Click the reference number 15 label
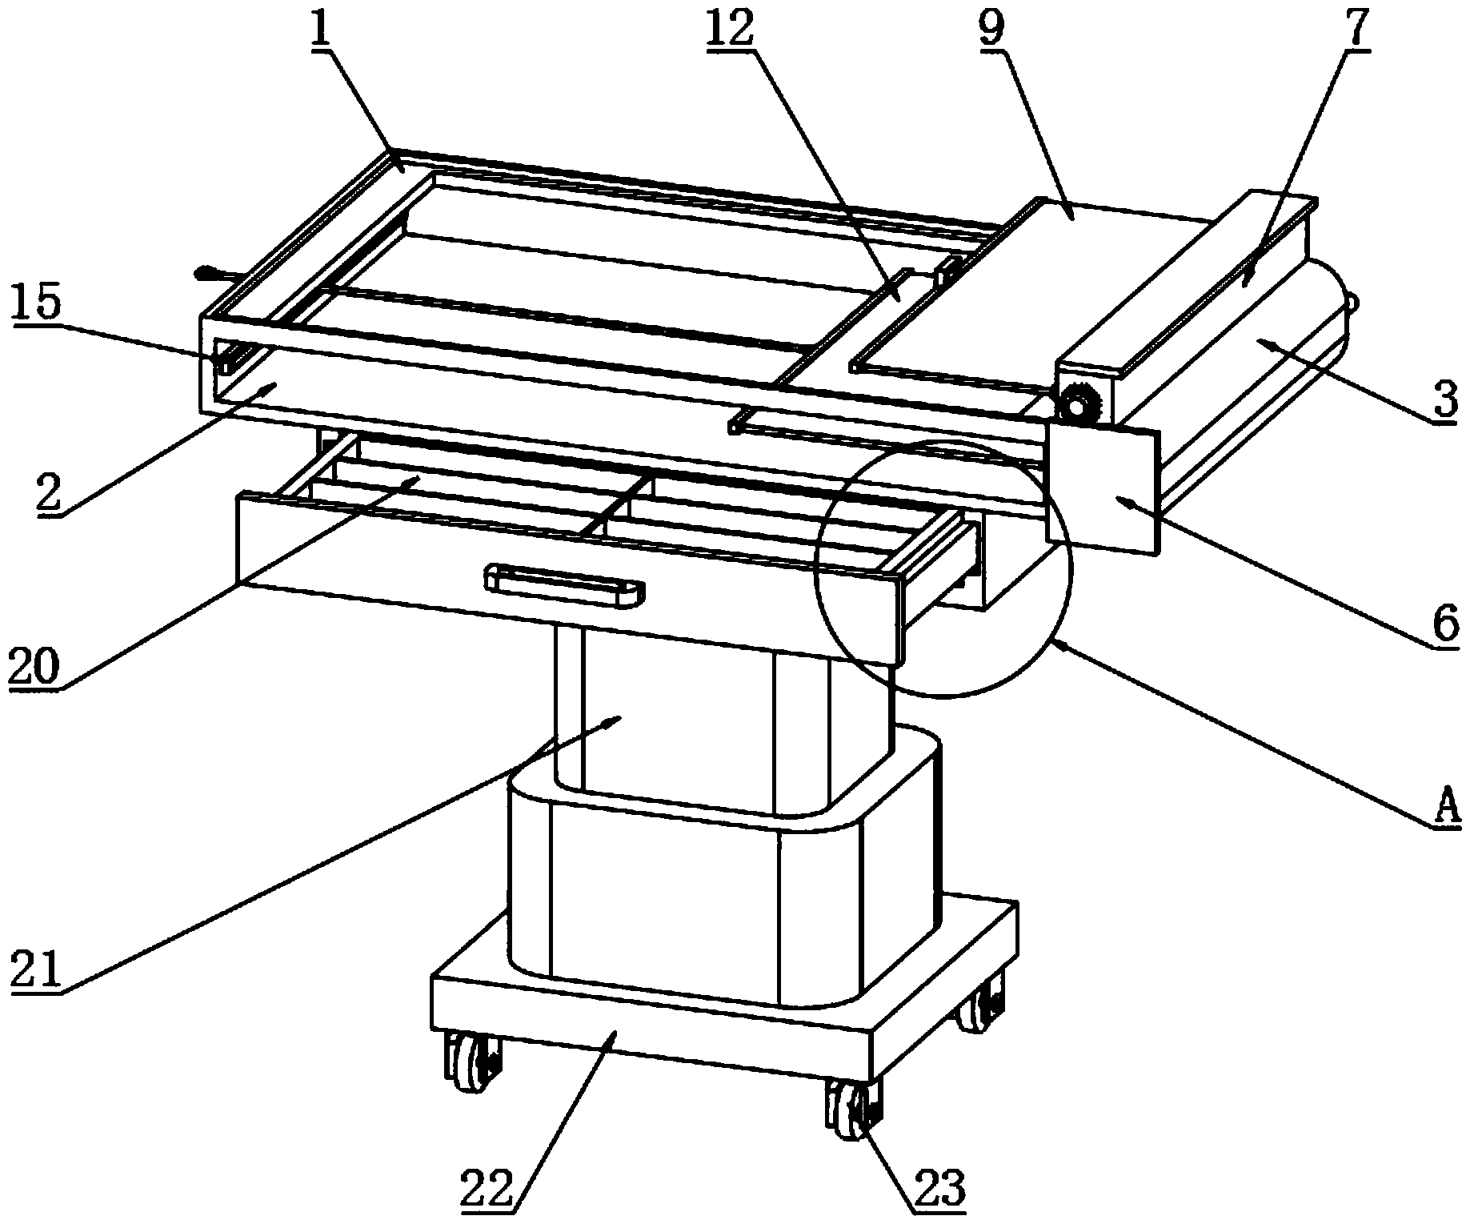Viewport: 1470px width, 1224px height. pos(38,307)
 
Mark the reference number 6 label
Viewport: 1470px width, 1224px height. pos(1445,624)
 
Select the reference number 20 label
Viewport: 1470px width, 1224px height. pos(34,666)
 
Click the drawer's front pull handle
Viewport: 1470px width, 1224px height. pos(564,582)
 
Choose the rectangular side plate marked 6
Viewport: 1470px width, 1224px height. pos(1103,489)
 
